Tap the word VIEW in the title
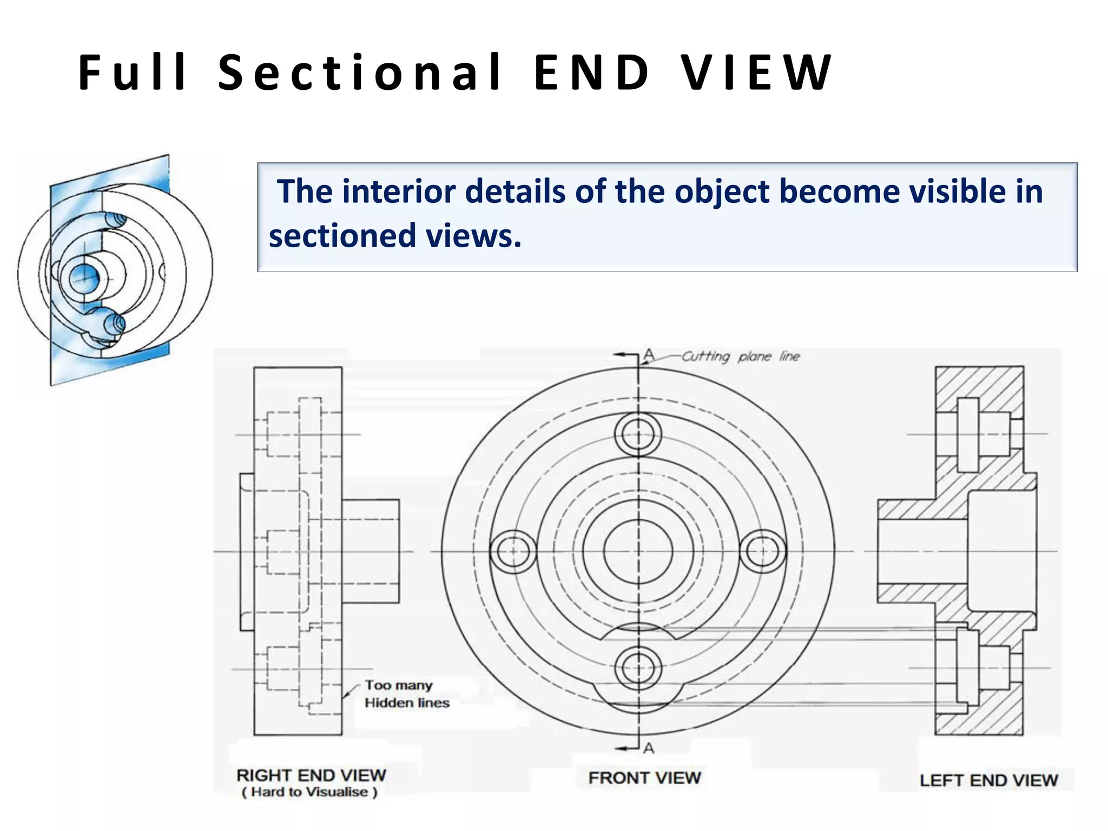click(x=756, y=72)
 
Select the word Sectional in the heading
click(x=360, y=72)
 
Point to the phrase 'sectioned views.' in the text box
click(x=395, y=236)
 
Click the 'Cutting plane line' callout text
click(x=740, y=357)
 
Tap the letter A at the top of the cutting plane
click(x=649, y=355)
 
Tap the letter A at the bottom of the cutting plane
click(x=649, y=748)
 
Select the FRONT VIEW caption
click(x=644, y=778)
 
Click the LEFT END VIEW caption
click(x=988, y=780)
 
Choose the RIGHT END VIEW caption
click(x=311, y=775)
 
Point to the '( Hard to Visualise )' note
click(x=309, y=792)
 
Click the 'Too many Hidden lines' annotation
click(x=406, y=694)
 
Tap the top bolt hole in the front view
click(x=638, y=434)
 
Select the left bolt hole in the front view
click(x=513, y=551)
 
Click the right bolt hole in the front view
click(x=762, y=551)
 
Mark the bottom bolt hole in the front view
click(x=638, y=668)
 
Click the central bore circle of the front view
click(x=638, y=551)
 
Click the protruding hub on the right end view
click(x=371, y=551)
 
